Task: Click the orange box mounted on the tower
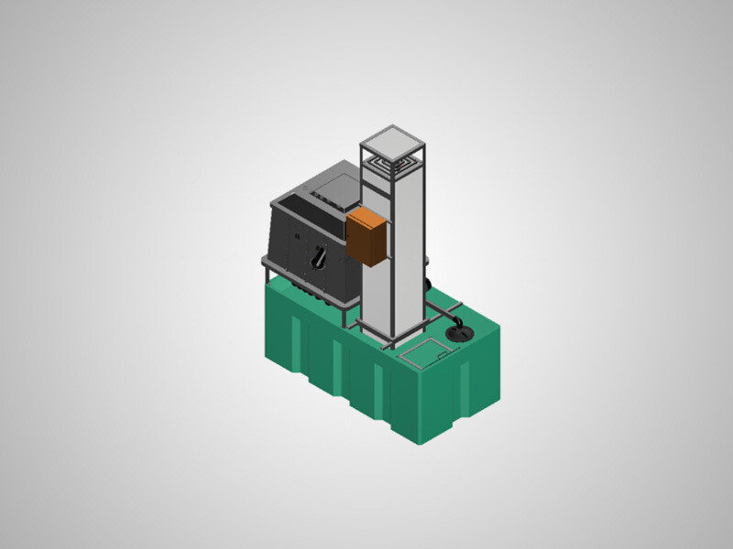[366, 236]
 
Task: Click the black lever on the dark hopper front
[318, 259]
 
